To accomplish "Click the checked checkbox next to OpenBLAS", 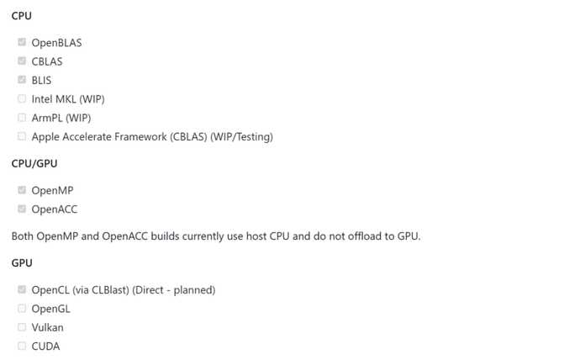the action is click(x=22, y=42).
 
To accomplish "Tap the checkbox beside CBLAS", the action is click(x=22, y=61).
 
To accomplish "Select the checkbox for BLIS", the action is click(x=22, y=80).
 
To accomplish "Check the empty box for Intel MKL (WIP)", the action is click(x=22, y=98).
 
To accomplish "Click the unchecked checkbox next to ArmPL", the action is click(x=22, y=117).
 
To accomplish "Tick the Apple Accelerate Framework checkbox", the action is click(x=22, y=136).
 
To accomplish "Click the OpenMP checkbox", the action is click(x=22, y=190).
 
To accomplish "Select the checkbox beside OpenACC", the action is click(x=22, y=209).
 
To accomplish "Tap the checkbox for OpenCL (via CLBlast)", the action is click(x=22, y=289).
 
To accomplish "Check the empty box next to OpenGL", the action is click(x=22, y=308).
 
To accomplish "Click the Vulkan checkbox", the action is click(x=22, y=327).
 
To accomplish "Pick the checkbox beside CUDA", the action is click(x=22, y=346).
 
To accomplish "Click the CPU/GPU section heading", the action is click(x=34, y=163).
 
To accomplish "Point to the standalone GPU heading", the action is click(x=22, y=263).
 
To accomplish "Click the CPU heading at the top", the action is click(x=22, y=16).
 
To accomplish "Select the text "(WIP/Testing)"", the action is click(x=242, y=137).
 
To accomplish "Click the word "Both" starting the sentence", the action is click(x=23, y=236).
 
